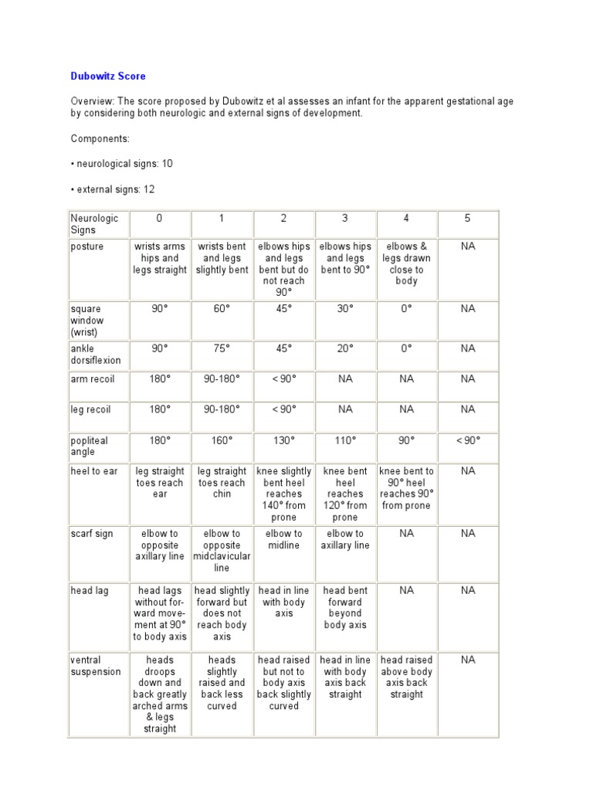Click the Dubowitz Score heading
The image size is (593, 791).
point(108,76)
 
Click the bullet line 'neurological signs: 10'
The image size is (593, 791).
point(123,164)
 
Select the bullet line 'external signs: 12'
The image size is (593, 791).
point(114,189)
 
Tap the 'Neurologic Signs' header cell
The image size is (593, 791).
point(94,224)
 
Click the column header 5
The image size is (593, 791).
point(467,219)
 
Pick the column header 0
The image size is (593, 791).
point(159,219)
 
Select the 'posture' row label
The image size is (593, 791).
point(87,246)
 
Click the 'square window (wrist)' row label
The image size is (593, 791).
point(86,320)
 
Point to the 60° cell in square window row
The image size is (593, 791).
point(222,309)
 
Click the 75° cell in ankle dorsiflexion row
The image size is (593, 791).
point(222,348)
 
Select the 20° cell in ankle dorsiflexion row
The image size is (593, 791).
point(345,348)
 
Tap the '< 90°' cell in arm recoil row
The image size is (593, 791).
point(283,379)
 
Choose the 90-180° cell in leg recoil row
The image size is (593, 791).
point(222,409)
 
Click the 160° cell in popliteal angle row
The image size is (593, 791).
point(222,440)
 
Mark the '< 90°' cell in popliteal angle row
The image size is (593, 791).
point(467,440)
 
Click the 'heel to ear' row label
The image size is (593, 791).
point(93,471)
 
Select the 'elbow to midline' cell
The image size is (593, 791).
point(283,539)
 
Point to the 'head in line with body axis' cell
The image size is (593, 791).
point(283,602)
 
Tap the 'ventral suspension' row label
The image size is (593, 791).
point(96,666)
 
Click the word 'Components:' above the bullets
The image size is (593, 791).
point(100,138)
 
